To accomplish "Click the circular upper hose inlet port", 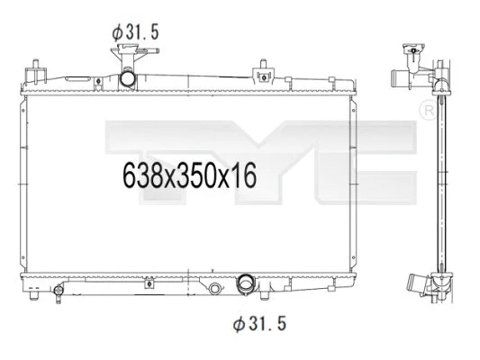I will [130, 80].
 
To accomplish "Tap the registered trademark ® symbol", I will [428, 110].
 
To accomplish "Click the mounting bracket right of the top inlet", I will [263, 70].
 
